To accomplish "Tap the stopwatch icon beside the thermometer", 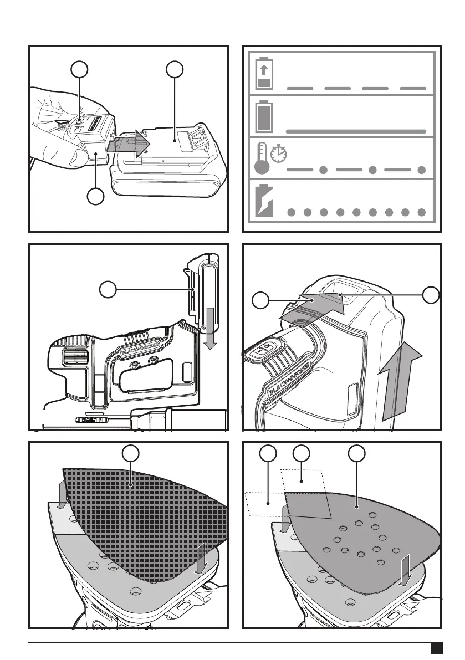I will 280,154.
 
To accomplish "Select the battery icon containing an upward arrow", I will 263,76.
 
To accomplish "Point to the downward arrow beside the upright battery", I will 209,331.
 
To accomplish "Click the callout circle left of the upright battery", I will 108,289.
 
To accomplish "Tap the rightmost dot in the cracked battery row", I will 422,212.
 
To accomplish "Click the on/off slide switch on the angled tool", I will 263,350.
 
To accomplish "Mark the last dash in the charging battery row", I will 412,89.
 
